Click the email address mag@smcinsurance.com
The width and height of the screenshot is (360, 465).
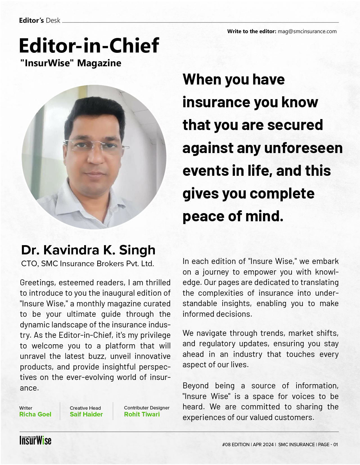[x=307, y=31]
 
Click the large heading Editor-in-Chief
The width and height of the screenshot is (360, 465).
[x=89, y=45]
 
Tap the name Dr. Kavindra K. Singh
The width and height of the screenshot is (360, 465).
[x=88, y=250]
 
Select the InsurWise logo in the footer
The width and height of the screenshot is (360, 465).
[x=35, y=440]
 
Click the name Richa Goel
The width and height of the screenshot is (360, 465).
[x=35, y=414]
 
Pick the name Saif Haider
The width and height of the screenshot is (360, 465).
[x=86, y=414]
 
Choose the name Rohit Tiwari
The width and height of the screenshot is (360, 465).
[x=142, y=414]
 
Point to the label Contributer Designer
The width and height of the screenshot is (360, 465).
[x=146, y=408]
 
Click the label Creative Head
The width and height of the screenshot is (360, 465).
[x=85, y=408]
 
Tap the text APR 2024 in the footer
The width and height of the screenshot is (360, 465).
[x=263, y=445]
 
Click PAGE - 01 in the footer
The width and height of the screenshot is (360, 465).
[x=328, y=445]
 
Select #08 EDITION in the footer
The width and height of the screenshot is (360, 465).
[x=236, y=445]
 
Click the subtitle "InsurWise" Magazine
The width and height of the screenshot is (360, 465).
[x=71, y=63]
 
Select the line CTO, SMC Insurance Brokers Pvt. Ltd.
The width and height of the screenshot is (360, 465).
[x=87, y=264]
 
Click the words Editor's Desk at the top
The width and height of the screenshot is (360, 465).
[x=40, y=20]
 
